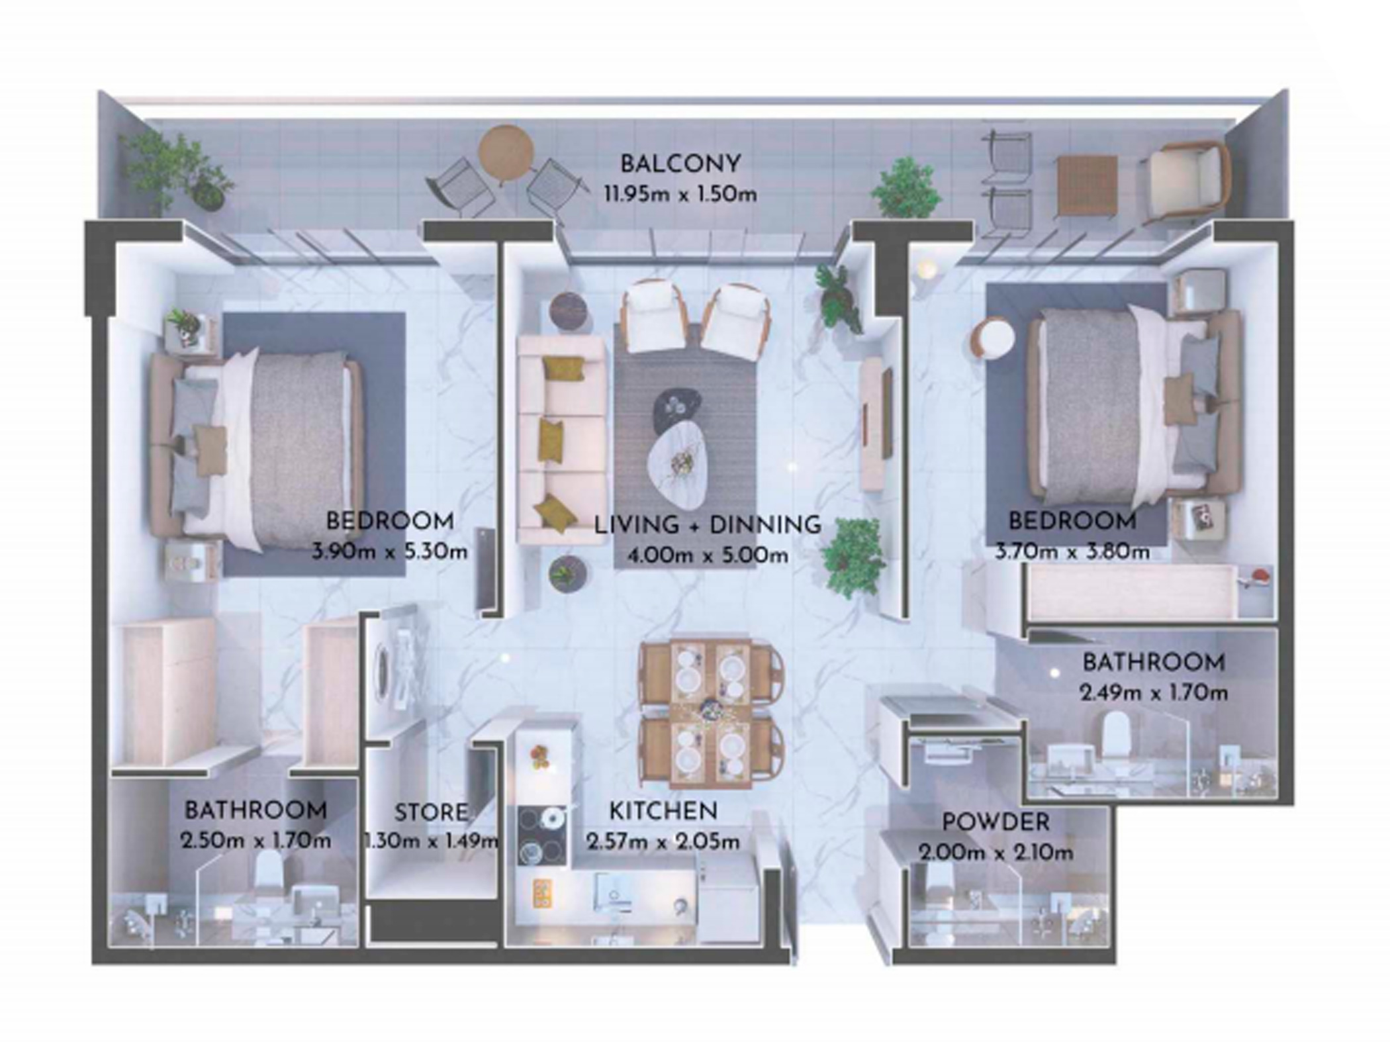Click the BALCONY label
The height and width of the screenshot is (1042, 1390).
[680, 164]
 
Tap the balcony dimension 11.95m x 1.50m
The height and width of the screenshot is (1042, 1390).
[680, 195]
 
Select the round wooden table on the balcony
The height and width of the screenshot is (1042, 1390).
[506, 154]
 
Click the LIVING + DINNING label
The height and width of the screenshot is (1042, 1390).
[708, 525]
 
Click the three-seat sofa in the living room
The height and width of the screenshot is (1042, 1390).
[561, 440]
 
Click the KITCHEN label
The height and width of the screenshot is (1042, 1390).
[663, 811]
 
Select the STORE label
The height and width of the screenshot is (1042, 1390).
[431, 812]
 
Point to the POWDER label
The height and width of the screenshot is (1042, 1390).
[996, 822]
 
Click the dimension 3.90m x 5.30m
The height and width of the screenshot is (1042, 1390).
[389, 551]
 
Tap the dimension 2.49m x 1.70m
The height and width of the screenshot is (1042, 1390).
[1154, 693]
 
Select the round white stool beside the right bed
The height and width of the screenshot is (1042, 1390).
[992, 339]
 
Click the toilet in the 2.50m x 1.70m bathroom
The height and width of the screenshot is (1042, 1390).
[269, 870]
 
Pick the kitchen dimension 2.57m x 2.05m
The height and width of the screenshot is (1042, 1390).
[663, 842]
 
